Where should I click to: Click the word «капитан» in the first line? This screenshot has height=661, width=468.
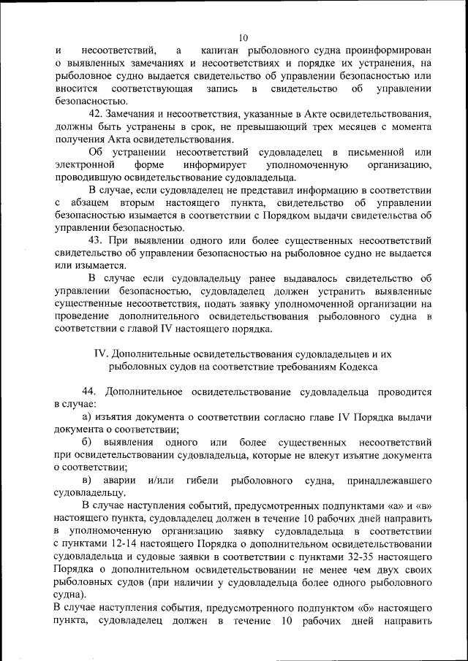coord(222,50)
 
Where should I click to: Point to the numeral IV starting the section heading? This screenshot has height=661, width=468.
coord(102,354)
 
